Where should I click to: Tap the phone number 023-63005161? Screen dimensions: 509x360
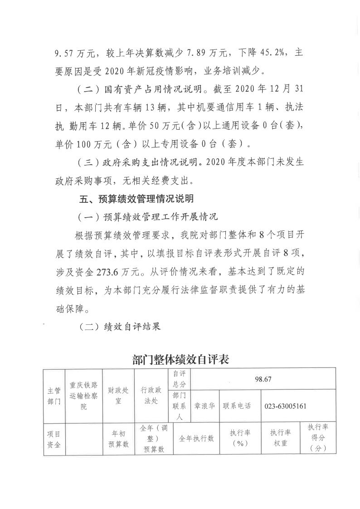(285, 406)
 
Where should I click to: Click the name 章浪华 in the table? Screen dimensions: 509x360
(204, 406)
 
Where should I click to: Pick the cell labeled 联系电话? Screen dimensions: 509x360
(236, 406)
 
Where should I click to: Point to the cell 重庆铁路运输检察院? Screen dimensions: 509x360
(83, 396)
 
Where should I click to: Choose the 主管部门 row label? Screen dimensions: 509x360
(54, 396)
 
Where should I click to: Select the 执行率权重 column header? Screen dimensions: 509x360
(280, 439)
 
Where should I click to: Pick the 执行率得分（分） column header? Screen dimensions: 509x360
(318, 439)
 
